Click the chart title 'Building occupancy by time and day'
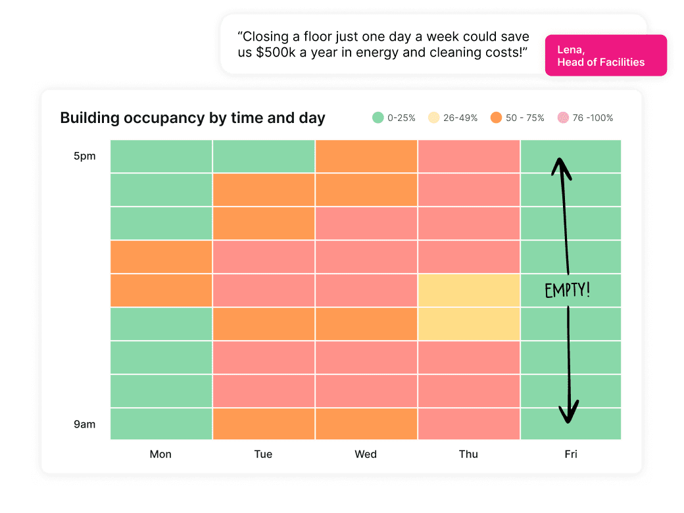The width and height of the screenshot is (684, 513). [x=193, y=118]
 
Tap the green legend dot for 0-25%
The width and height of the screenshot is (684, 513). [x=378, y=118]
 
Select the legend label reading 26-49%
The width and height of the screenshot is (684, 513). [x=460, y=118]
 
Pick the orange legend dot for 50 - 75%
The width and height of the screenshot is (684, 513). [x=496, y=118]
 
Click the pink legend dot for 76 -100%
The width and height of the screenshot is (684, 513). [x=562, y=118]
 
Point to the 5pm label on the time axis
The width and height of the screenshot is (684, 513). [x=85, y=157]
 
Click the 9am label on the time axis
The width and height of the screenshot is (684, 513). [x=85, y=424]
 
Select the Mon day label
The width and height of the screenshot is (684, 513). [x=160, y=454]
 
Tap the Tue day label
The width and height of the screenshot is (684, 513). [x=263, y=454]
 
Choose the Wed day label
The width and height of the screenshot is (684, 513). [x=366, y=454]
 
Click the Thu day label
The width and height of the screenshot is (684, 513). [x=468, y=454]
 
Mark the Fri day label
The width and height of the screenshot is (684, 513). [x=571, y=454]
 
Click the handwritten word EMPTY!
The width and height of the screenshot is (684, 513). [x=568, y=290]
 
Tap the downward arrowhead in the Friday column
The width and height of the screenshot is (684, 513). [x=568, y=413]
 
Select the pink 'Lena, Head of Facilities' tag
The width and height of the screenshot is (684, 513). [x=606, y=56]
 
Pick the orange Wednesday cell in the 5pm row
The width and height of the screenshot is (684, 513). [x=366, y=157]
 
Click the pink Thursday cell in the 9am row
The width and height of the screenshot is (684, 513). [x=468, y=424]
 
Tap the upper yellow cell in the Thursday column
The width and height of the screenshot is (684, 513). [x=468, y=290]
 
